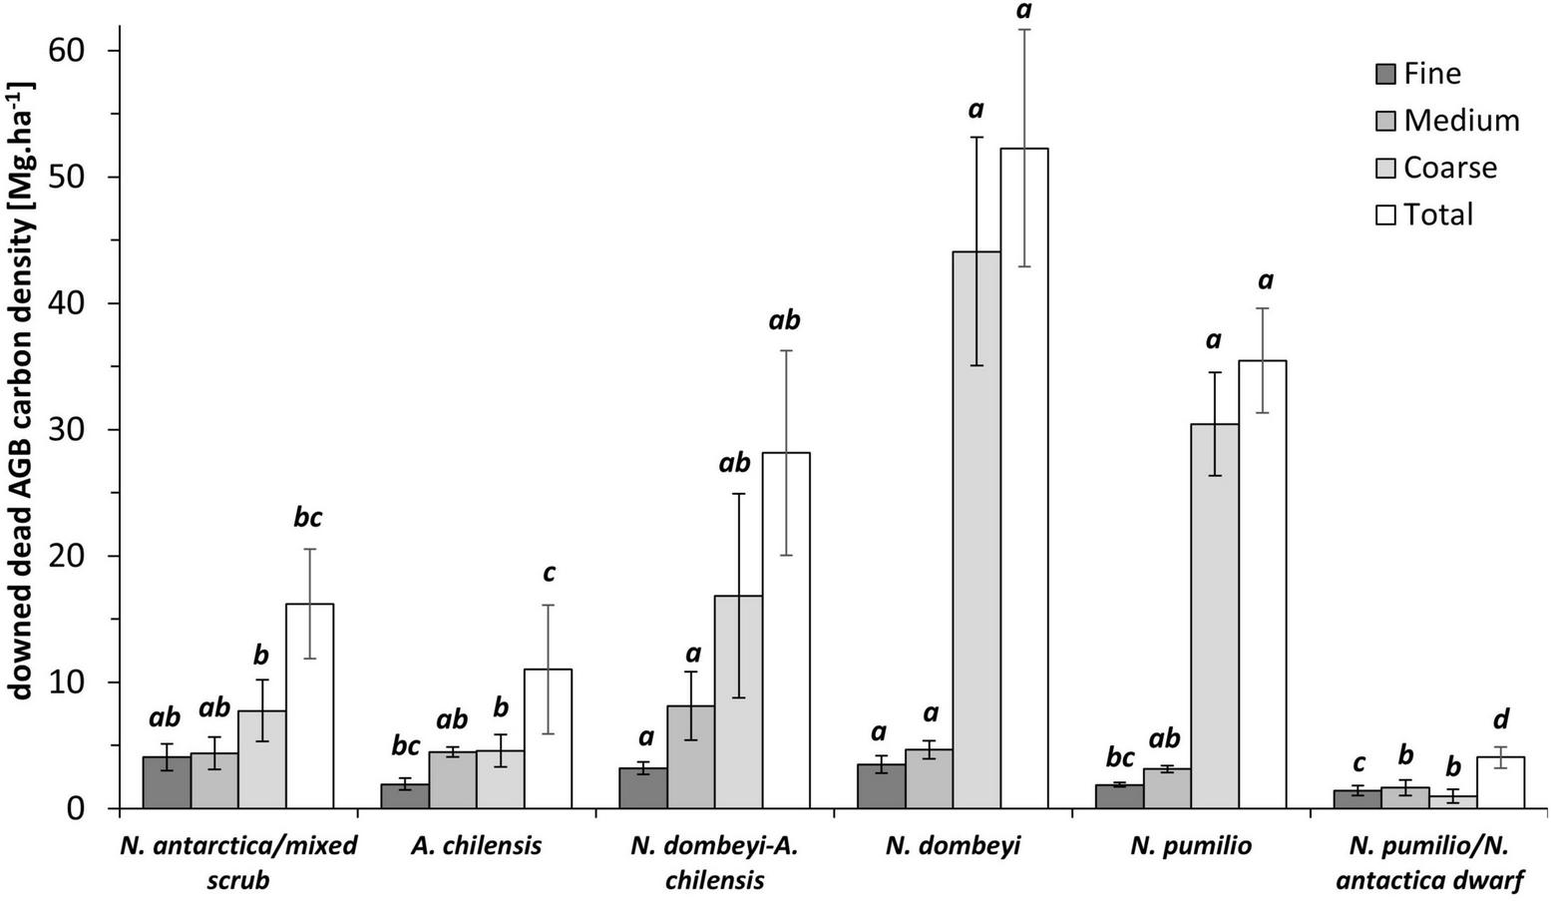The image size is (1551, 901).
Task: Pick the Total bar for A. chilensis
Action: click(548, 738)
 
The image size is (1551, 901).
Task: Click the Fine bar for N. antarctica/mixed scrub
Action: click(167, 782)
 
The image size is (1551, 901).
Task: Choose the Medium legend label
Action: click(1461, 121)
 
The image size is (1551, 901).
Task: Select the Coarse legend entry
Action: click(1436, 168)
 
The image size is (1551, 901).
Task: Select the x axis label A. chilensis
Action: click(476, 846)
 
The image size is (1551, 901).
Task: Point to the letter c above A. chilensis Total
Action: click(548, 574)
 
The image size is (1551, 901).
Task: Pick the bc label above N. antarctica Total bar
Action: click(309, 518)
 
